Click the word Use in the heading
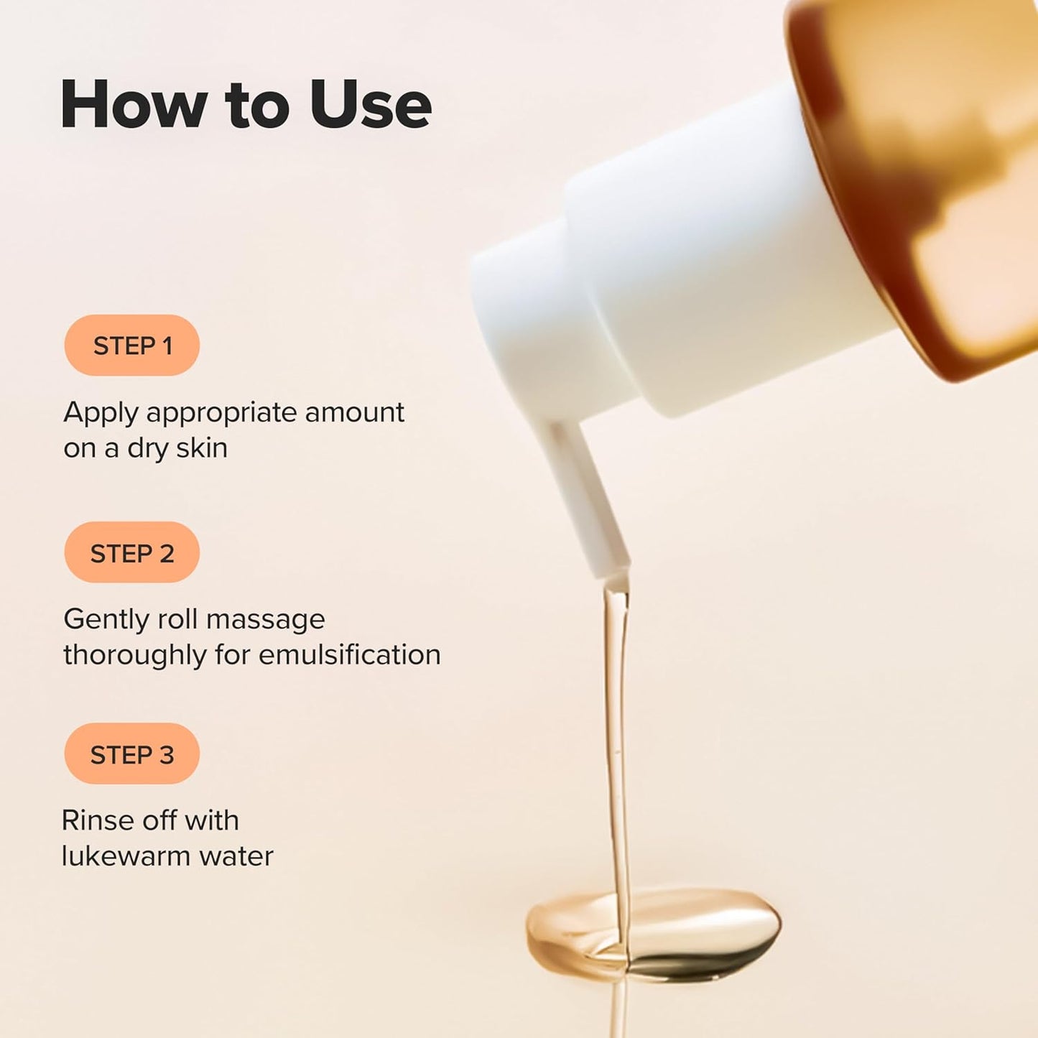pos(371,105)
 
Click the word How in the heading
pos(134,105)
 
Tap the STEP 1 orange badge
pos(132,346)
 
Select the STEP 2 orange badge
pos(132,553)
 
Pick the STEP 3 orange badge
pos(132,754)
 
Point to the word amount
pos(354,412)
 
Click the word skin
pos(202,448)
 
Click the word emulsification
pos(350,654)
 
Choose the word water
pos(236,856)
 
